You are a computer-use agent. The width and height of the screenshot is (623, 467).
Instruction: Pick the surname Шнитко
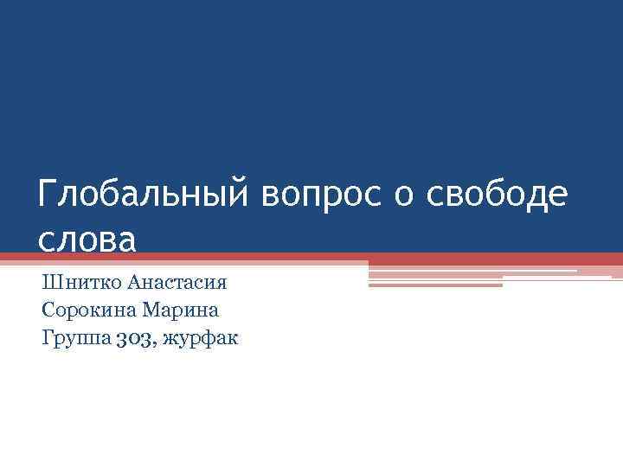[80, 283]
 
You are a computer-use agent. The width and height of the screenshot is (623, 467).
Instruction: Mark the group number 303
[132, 337]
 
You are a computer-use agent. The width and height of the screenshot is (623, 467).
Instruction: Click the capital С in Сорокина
[47, 310]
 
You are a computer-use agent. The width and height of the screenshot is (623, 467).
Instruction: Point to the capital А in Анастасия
[133, 283]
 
